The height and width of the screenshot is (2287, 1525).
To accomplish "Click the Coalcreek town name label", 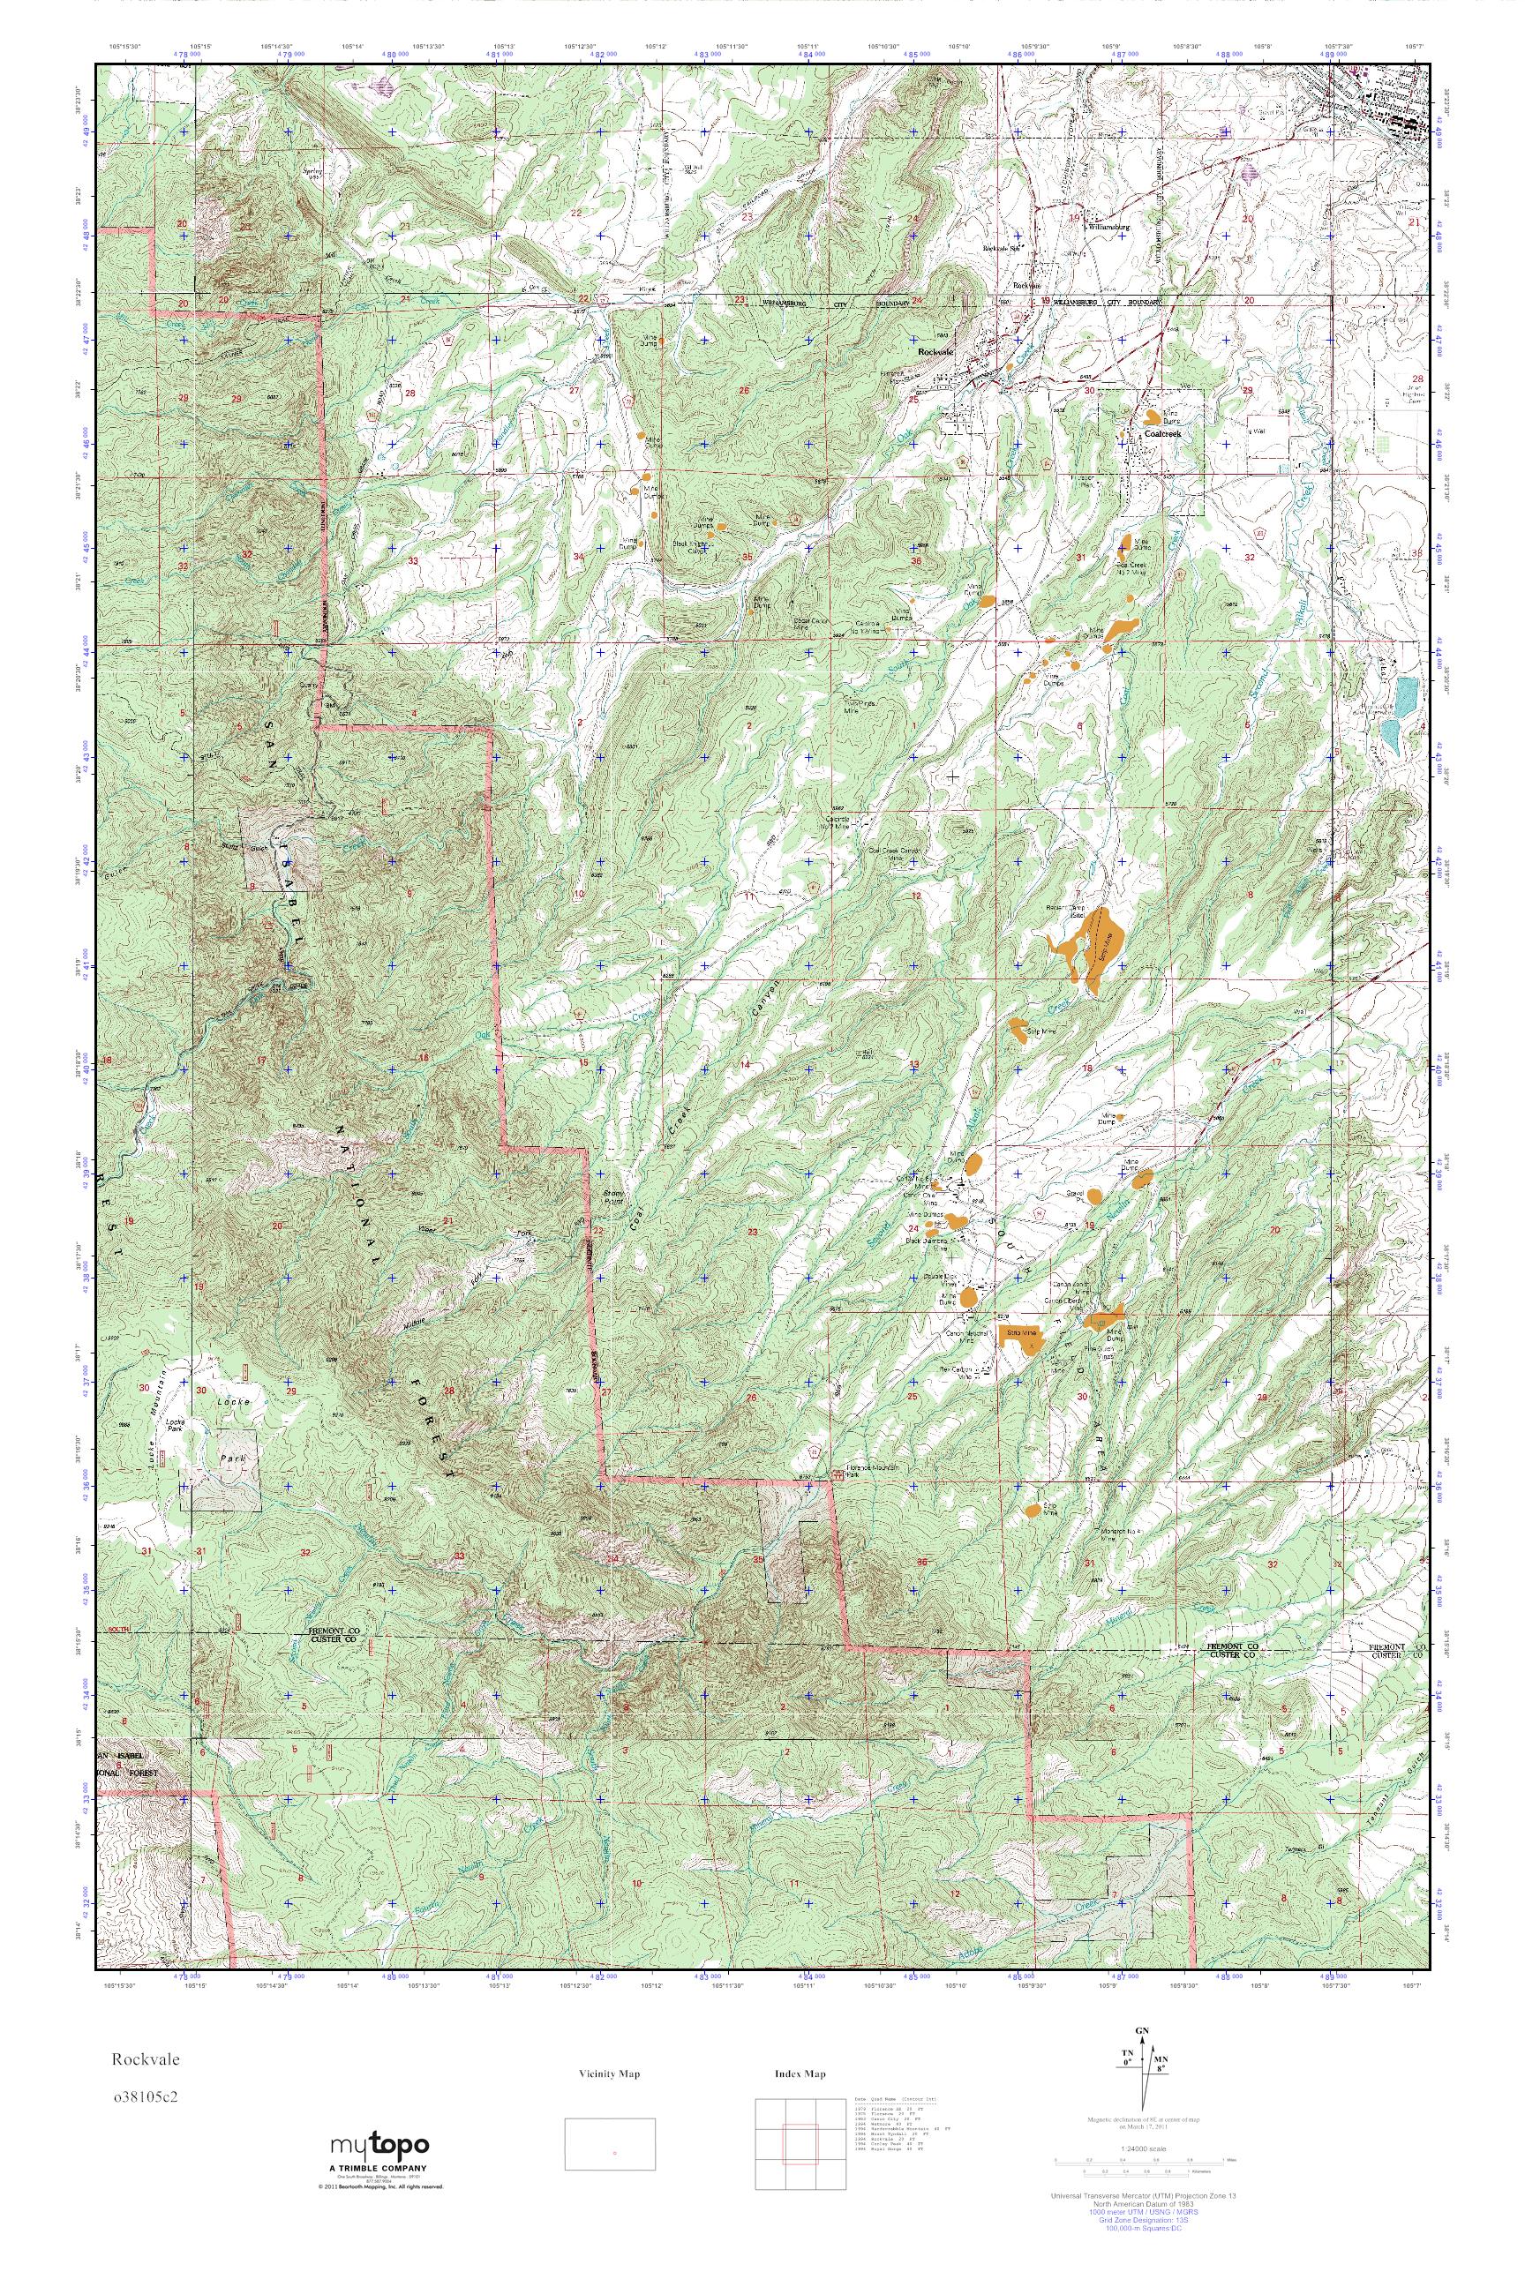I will click(1162, 434).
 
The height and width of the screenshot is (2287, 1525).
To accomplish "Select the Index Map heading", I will click(800, 2074).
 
